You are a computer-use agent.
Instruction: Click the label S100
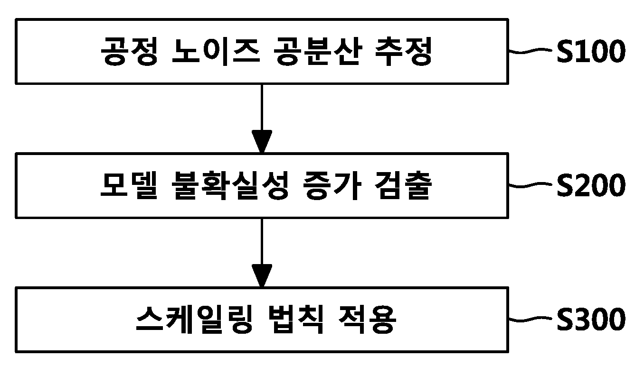[591, 51]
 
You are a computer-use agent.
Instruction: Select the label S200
[591, 185]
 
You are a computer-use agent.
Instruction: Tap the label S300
[591, 319]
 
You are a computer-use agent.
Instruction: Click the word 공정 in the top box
[129, 52]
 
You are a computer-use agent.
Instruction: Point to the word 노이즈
[216, 52]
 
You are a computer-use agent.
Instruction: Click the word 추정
[403, 52]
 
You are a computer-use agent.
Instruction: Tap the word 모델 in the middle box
[129, 185]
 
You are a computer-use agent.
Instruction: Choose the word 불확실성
[230, 185]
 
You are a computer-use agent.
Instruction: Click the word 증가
[332, 185]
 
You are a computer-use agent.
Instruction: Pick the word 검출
[403, 185]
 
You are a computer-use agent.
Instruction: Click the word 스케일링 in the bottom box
[194, 320]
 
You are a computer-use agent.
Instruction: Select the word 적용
[368, 320]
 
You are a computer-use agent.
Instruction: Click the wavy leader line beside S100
[531, 51]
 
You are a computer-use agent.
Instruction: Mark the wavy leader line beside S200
[531, 185]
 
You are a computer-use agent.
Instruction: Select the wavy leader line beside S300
[531, 319]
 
